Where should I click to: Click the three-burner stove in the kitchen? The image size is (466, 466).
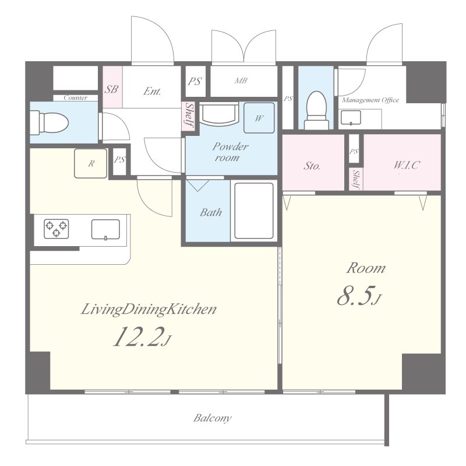(57, 229)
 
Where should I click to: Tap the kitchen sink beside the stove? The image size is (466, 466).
(105, 229)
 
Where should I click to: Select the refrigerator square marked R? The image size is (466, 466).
(91, 163)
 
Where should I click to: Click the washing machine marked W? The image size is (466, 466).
(259, 118)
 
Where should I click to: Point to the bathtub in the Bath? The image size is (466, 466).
(254, 211)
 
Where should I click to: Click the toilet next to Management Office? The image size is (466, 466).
(316, 110)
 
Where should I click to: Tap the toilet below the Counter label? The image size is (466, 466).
(50, 122)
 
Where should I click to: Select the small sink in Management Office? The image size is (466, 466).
(351, 118)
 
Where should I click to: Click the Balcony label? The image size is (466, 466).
(212, 418)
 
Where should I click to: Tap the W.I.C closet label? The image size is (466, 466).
(406, 165)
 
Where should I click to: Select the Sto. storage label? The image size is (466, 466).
(312, 166)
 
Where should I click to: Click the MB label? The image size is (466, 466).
(241, 80)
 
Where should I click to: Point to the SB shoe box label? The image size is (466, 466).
(111, 89)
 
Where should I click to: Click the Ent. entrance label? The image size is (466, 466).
(152, 91)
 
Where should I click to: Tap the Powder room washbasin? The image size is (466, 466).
(220, 114)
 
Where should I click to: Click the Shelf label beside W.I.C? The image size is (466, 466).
(356, 180)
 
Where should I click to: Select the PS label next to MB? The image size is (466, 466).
(195, 81)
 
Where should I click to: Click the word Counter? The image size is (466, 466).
(76, 97)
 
